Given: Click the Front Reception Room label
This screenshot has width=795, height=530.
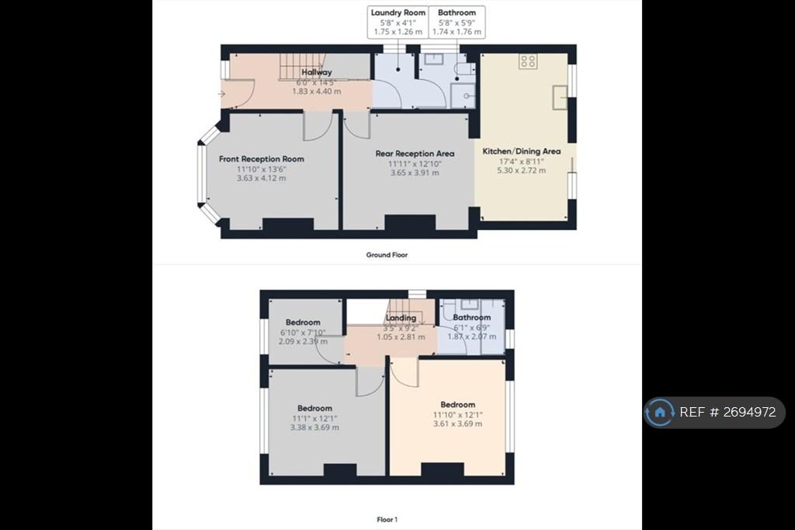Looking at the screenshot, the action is pyautogui.click(x=262, y=159).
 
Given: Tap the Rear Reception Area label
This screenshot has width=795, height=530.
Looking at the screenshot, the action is pyautogui.click(x=415, y=153).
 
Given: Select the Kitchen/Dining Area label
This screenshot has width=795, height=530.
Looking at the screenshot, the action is pyautogui.click(x=521, y=152).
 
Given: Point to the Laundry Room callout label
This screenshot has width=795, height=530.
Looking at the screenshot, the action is pyautogui.click(x=398, y=12).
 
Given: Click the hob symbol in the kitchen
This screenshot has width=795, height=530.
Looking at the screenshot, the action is pyautogui.click(x=528, y=61).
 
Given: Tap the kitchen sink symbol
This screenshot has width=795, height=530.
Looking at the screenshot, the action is pyautogui.click(x=560, y=97).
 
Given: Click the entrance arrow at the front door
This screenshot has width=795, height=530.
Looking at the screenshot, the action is pyautogui.click(x=221, y=94).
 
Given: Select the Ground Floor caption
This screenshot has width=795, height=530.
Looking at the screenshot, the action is pyautogui.click(x=387, y=255).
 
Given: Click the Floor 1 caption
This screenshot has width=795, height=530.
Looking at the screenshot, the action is pyautogui.click(x=387, y=519).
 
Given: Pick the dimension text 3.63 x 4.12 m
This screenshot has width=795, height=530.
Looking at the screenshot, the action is pyautogui.click(x=261, y=178).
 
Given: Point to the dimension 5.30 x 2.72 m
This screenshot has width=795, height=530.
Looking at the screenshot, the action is pyautogui.click(x=521, y=170).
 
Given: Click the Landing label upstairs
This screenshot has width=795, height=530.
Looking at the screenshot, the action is pyautogui.click(x=401, y=318).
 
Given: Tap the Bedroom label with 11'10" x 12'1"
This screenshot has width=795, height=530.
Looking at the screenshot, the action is pyautogui.click(x=458, y=405).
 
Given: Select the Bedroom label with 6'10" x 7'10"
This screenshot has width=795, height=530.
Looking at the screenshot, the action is pyautogui.click(x=303, y=323).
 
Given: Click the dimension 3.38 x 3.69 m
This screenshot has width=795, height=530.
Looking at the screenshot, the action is pyautogui.click(x=315, y=427).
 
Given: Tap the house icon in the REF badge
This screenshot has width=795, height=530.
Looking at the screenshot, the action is pyautogui.click(x=660, y=412).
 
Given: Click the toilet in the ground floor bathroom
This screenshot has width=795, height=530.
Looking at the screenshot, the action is pyautogui.click(x=464, y=69).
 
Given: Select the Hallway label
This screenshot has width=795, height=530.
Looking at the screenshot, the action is pyautogui.click(x=317, y=72).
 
